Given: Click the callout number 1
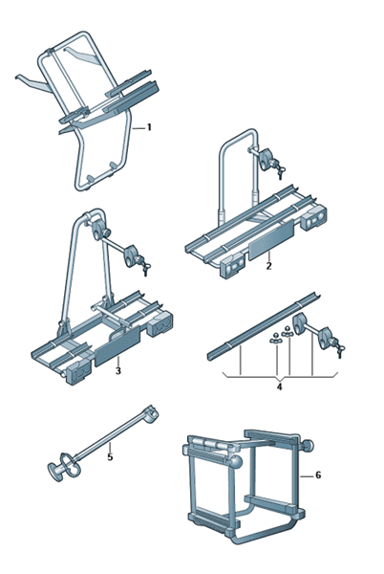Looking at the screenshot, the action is coord(149,127).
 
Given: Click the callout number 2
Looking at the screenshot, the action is coord(269,266).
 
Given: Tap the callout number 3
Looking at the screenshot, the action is coord(118,371).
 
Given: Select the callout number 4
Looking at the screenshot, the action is coord(279,386).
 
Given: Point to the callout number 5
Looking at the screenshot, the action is coord(111,457).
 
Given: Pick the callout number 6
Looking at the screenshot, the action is coord(318,475).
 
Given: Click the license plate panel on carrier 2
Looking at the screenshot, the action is coord(271,239).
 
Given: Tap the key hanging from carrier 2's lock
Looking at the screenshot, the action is coord(281,172).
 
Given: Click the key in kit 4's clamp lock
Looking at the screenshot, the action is coord(341,350).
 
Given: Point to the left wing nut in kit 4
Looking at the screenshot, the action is coord(275,338).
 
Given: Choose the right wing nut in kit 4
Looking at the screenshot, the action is coord(288,331).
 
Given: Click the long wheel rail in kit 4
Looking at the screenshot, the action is coord(262,326).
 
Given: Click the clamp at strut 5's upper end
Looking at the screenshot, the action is coord(152,415).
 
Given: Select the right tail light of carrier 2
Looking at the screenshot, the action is coord(313,219).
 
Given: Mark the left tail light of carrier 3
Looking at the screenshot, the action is coord(78,371).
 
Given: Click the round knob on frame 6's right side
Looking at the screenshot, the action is coord(307,446).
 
